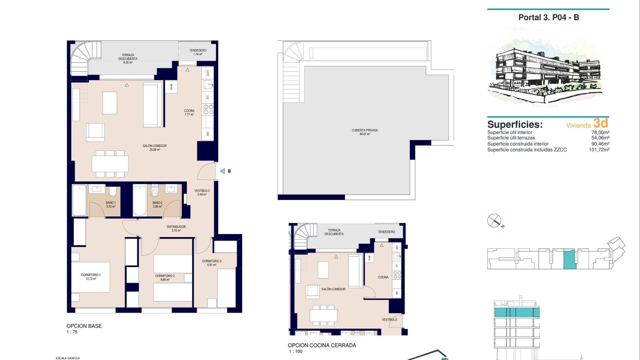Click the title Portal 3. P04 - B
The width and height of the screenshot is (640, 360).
(548, 18)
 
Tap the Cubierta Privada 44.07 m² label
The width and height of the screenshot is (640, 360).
(365, 132)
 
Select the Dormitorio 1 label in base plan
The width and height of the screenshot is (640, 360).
(91, 277)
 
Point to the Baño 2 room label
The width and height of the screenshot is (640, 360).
(157, 204)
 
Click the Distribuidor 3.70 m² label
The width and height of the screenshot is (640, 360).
(176, 228)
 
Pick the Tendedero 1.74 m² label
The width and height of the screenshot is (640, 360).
(198, 52)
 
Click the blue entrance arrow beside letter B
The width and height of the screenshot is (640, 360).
(223, 171)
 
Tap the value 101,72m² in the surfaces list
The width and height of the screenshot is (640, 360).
(599, 150)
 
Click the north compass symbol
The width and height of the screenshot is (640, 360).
(494, 221)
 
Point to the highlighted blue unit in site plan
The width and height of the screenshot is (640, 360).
(569, 259)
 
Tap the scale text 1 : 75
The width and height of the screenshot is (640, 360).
(72, 332)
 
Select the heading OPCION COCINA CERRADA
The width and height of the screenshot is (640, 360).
(322, 345)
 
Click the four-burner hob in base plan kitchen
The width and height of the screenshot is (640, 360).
(208, 109)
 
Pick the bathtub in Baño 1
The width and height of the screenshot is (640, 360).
(79, 200)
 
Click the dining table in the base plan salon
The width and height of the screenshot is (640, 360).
(110, 164)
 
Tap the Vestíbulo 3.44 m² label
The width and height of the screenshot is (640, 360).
(202, 192)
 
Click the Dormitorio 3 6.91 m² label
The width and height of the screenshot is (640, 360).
(212, 263)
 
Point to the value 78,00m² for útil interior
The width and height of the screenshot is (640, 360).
(600, 132)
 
